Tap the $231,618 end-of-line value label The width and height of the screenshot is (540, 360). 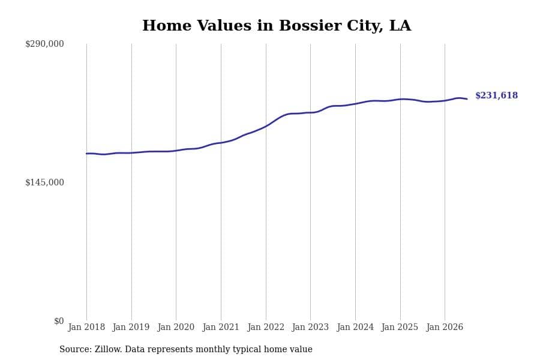click(496, 95)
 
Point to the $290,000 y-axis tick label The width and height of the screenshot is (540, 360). click(44, 44)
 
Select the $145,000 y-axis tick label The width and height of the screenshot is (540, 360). click(44, 182)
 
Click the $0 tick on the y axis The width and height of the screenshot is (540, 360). click(59, 321)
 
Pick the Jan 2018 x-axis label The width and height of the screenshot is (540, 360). click(86, 327)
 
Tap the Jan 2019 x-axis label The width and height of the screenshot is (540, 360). click(131, 327)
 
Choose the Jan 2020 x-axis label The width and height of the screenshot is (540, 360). click(176, 327)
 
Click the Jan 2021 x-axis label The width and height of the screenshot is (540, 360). click(221, 327)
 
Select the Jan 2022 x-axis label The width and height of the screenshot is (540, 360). click(266, 327)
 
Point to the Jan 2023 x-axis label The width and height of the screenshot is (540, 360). click(310, 327)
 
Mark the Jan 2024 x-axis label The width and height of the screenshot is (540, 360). click(355, 327)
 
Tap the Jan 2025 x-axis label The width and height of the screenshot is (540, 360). click(400, 327)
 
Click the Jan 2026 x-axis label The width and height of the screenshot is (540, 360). click(445, 327)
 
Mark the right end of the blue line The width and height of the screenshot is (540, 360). click(467, 99)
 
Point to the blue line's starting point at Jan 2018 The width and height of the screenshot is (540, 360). click(86, 154)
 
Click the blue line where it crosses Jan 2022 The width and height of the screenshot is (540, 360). click(266, 126)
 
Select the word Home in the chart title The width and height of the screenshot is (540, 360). click(167, 25)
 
